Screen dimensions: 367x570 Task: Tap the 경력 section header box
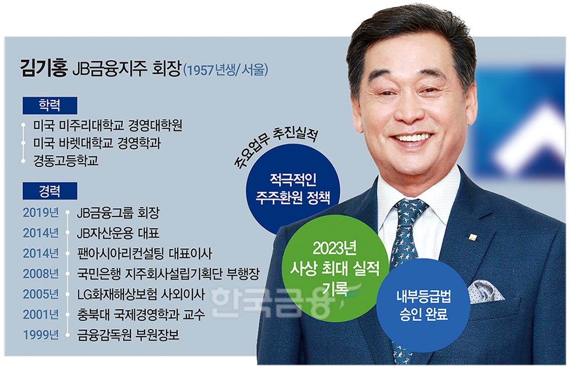coord(49,191)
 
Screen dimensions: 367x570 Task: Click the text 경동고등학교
coord(66,160)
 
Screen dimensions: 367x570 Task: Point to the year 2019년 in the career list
coord(40,213)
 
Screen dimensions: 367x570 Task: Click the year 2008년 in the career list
coord(40,273)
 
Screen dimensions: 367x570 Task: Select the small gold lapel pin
coord(472,237)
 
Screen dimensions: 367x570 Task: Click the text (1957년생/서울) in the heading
coord(226,71)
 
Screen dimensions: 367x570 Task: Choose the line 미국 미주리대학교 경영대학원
coord(107,126)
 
